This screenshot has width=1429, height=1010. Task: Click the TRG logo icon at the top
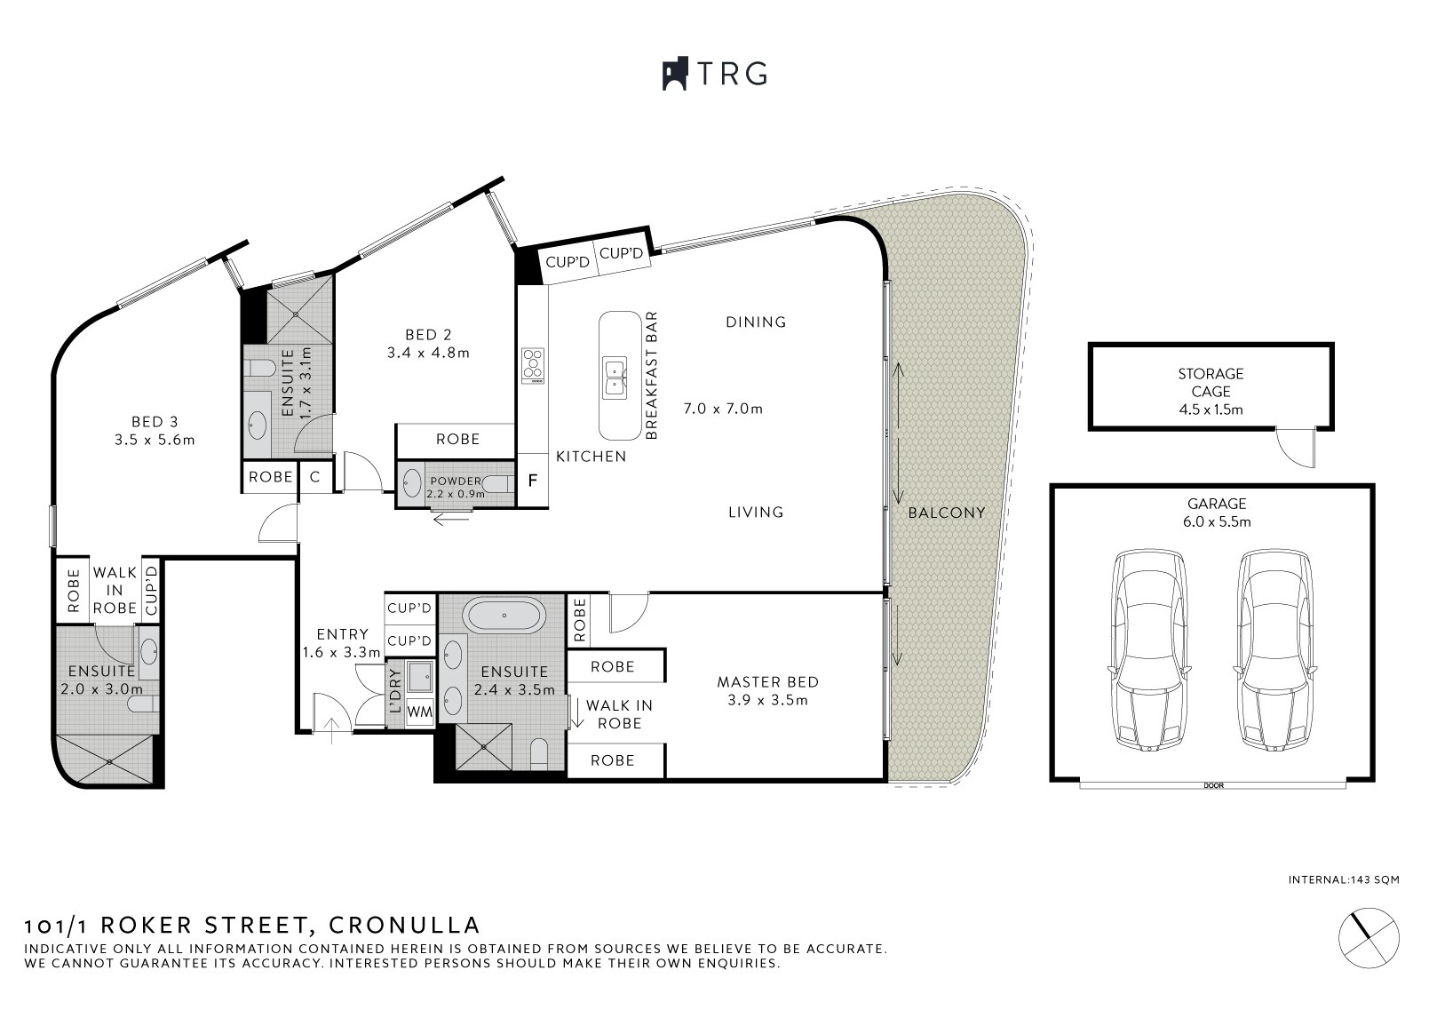point(675,74)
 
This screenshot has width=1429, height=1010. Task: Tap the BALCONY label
point(946,513)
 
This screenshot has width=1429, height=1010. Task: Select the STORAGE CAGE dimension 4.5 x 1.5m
point(1211,410)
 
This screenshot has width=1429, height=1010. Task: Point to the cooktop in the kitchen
point(532,365)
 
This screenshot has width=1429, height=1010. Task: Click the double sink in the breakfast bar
point(615,377)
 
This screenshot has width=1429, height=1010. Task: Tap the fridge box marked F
point(533,481)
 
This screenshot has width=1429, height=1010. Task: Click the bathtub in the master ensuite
point(504,616)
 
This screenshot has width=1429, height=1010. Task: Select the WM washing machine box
point(419,712)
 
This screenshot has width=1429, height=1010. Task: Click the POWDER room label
point(455,481)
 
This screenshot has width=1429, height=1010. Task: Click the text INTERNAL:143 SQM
point(1344,880)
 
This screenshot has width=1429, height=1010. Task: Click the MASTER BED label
point(767,682)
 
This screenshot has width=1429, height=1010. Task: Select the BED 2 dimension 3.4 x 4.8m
point(427,353)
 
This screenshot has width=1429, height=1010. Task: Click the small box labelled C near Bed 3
point(314,477)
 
